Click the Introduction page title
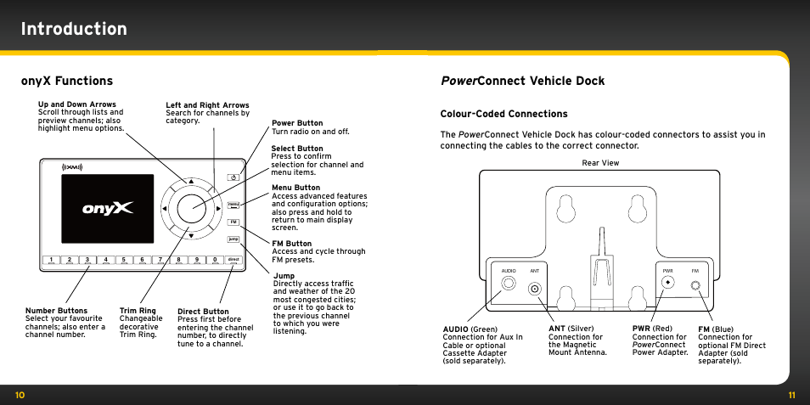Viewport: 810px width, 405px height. coord(75,29)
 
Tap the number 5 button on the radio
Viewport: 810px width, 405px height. coord(124,260)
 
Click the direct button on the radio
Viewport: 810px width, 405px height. coord(233,260)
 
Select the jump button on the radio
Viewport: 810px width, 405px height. coord(233,239)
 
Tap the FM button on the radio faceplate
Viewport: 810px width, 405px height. coord(233,222)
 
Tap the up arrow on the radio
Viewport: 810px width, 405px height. coord(191,181)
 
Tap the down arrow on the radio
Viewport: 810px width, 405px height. coord(191,235)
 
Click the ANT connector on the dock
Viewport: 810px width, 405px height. coord(535,289)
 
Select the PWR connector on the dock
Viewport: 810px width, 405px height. coord(668,283)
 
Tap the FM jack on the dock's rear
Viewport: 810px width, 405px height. coord(695,287)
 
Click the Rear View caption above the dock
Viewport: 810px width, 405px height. coord(599,162)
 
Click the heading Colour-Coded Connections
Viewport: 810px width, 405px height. coord(503,114)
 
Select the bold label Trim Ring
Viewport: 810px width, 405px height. coord(138,311)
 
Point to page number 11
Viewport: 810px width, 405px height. coord(791,395)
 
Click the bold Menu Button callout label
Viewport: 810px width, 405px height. coord(295,188)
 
